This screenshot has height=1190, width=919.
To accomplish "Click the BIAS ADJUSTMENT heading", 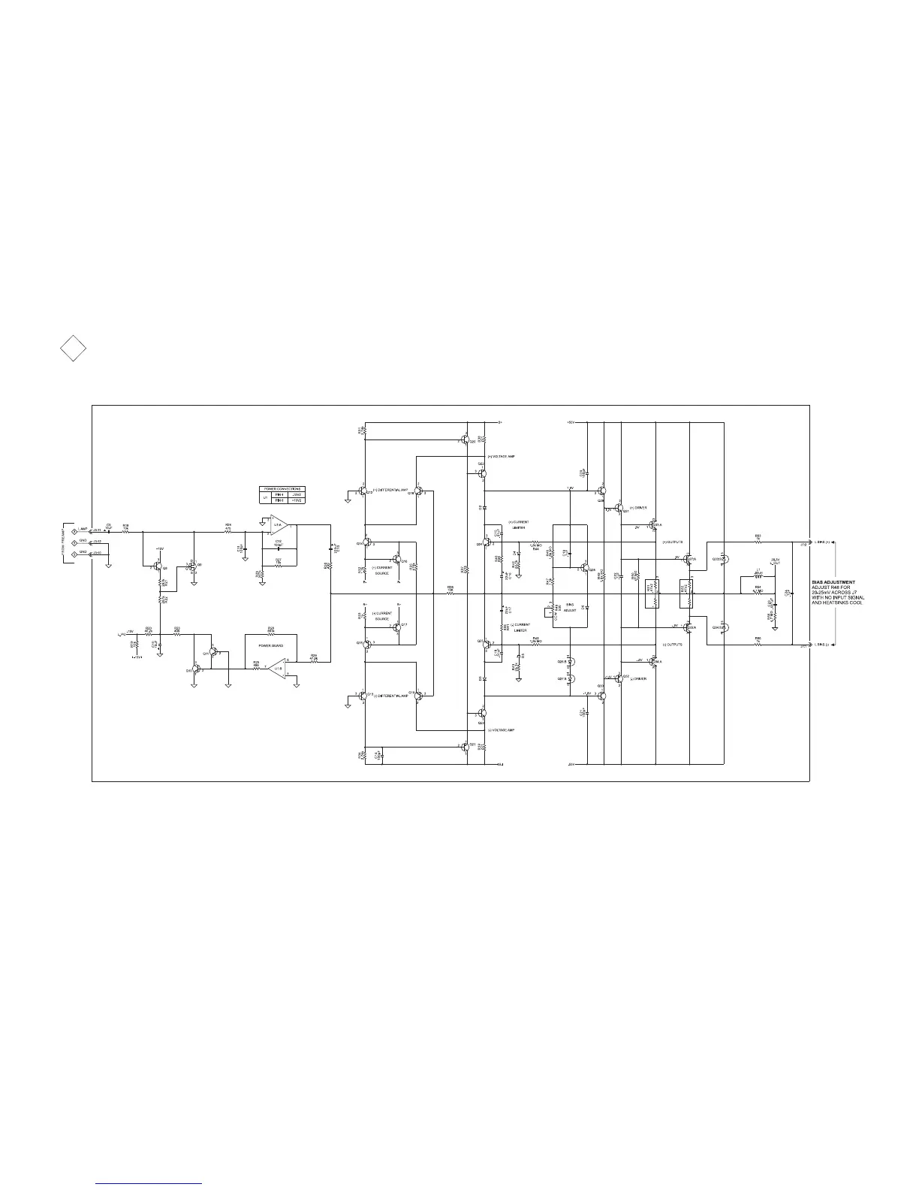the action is coord(833,582).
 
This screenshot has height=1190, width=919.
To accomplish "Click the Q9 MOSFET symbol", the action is coord(193,564).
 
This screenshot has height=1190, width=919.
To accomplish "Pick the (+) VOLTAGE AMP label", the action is coord(502,457).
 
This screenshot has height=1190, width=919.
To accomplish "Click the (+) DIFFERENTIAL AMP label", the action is coord(390,490).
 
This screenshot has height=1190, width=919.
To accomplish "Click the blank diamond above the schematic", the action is coord(73,349).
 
